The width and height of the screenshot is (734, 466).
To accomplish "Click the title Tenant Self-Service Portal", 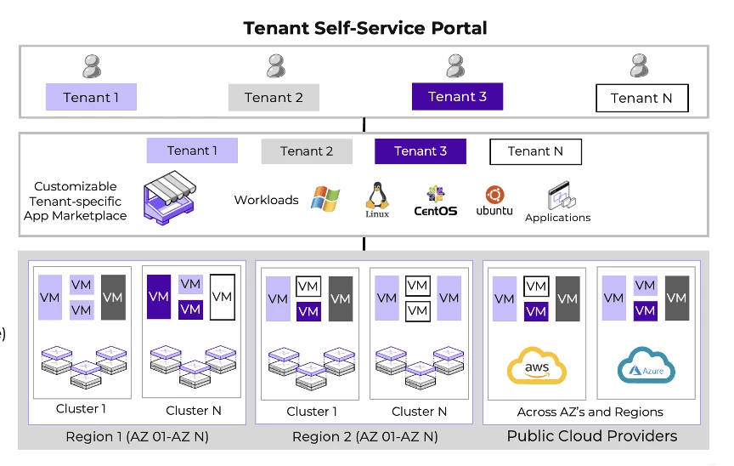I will click(x=365, y=27).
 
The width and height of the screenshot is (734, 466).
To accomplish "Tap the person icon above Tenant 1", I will click(x=92, y=66).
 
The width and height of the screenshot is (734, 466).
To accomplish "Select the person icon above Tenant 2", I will click(x=275, y=66).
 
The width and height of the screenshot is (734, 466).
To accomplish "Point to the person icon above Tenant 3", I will click(x=456, y=66).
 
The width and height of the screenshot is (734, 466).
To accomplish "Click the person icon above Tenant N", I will click(x=640, y=66).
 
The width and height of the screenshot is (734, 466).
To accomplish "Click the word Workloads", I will click(x=266, y=200).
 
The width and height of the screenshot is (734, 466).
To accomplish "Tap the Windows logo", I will click(x=325, y=199).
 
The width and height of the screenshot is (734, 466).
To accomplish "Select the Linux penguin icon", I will click(x=377, y=196).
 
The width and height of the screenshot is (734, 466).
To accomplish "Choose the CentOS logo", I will click(x=435, y=200).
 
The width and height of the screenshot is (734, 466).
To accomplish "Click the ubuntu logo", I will click(x=494, y=201).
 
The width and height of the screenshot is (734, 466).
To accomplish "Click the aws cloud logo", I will click(x=536, y=367).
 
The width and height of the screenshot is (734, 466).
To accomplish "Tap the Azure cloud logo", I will click(x=646, y=367).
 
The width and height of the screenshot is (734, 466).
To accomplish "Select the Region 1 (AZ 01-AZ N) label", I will click(x=137, y=437).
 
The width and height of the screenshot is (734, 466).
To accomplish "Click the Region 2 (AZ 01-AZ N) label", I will click(x=365, y=437).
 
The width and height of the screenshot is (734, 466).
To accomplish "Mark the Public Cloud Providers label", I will click(x=592, y=436).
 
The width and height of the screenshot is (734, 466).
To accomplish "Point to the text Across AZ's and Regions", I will click(x=590, y=412).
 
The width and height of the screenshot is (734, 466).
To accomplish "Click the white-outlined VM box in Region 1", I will click(x=222, y=297).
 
